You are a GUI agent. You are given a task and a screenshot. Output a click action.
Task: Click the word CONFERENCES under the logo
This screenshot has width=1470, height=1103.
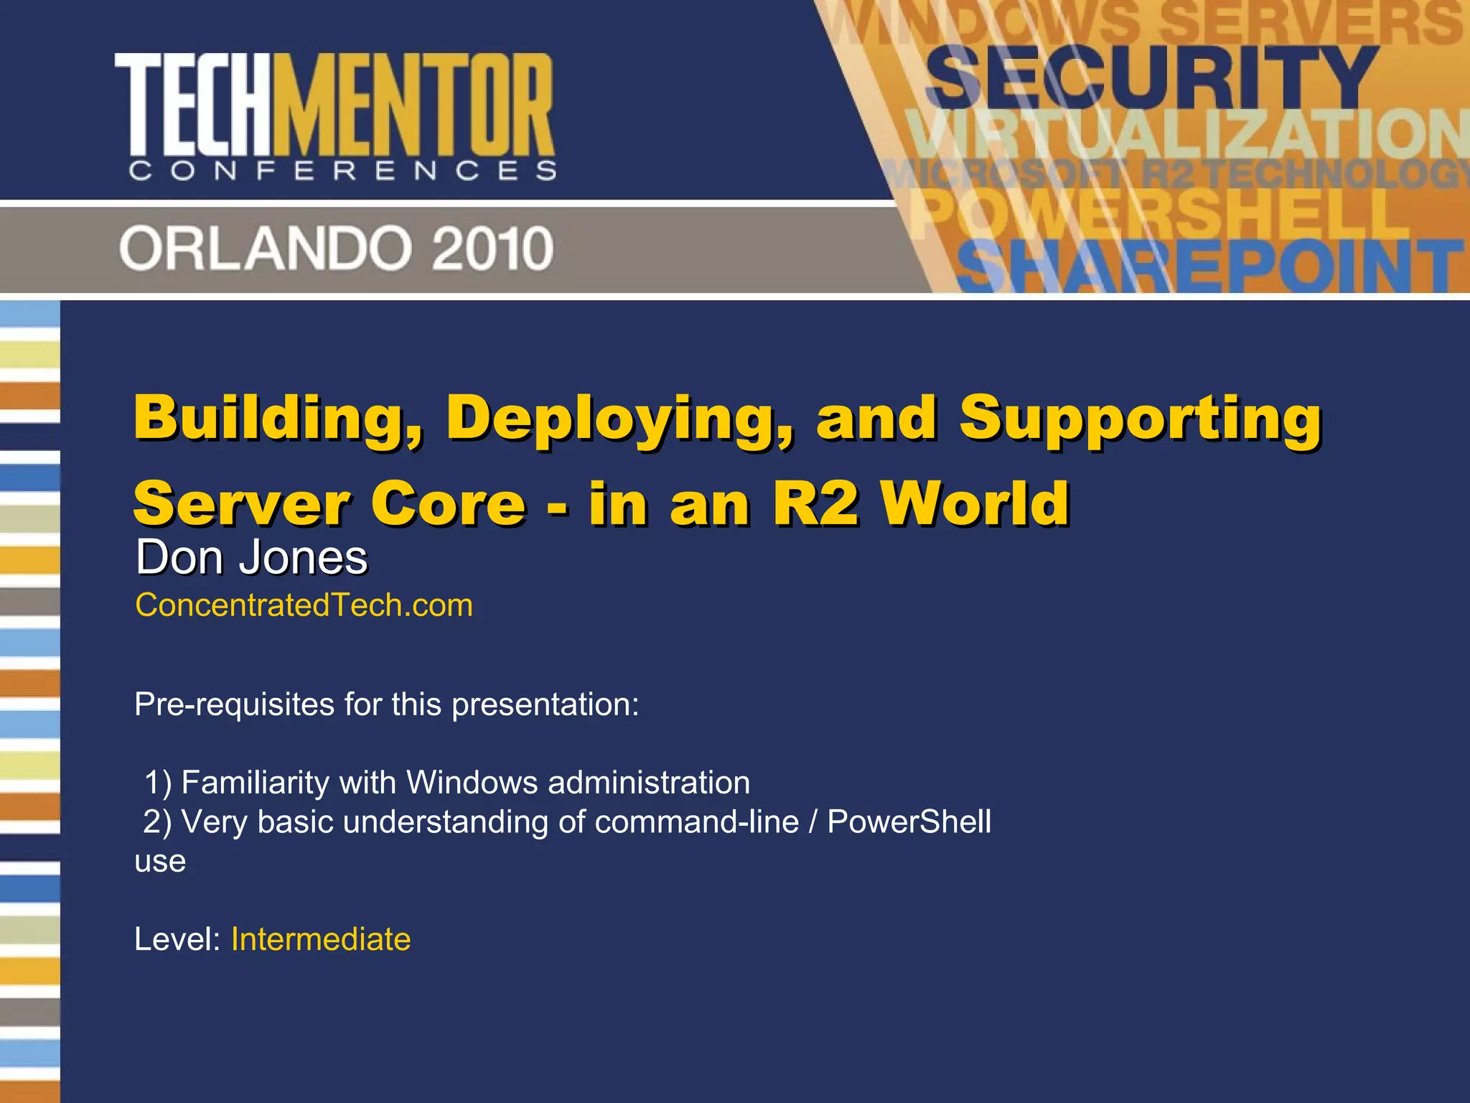point(342,171)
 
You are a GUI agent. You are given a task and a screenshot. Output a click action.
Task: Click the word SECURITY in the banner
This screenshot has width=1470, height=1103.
point(1151,77)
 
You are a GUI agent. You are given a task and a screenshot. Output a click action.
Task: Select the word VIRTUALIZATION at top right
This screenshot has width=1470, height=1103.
point(1184,134)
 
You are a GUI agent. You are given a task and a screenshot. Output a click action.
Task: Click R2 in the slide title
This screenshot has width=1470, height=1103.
point(815,503)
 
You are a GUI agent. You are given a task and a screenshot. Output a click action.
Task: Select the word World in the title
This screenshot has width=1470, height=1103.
point(976,503)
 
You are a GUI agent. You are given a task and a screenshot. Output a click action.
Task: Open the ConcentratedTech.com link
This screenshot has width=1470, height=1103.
point(304,605)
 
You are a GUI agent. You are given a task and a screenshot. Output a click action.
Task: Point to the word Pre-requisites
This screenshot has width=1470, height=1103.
point(233,704)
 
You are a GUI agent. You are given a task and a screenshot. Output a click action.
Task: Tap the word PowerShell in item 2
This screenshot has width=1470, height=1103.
point(909,822)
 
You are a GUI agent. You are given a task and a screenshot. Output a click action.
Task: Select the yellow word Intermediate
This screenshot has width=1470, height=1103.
point(321,939)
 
